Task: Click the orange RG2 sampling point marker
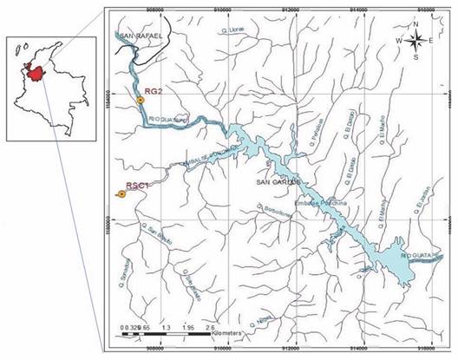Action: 140,101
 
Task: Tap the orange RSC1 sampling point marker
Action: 121,195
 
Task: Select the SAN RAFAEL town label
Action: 142,36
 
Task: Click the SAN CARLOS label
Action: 278,183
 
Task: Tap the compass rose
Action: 417,40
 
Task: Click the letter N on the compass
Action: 417,23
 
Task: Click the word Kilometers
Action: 227,333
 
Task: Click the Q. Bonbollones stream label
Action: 272,211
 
